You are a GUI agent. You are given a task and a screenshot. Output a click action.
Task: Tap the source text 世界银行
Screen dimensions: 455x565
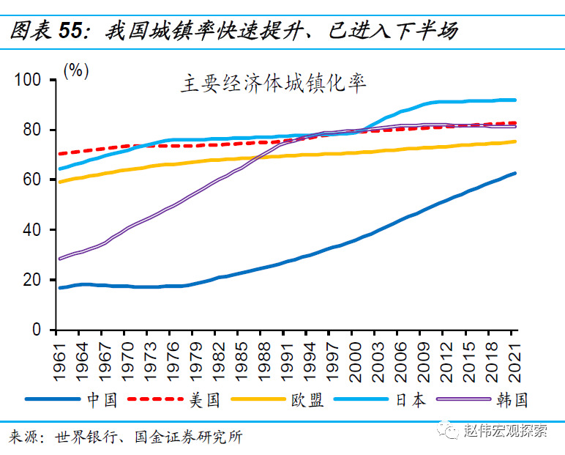[91, 438]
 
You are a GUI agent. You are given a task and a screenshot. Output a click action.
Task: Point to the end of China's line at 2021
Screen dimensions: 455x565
[515, 174]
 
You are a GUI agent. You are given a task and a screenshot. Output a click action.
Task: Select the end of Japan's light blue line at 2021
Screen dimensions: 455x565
[515, 100]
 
